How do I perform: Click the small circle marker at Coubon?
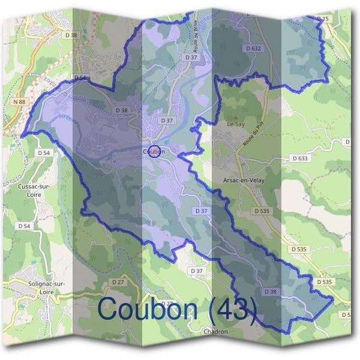click(154, 151)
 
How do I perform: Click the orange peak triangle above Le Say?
click(235, 117)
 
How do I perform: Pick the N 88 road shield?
click(19, 103)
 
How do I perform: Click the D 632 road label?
click(254, 47)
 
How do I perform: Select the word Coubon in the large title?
click(148, 309)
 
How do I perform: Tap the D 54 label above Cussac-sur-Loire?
click(44, 153)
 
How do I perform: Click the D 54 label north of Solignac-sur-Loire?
click(24, 226)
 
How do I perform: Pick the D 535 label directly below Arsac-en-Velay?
click(262, 211)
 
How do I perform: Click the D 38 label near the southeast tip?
click(270, 291)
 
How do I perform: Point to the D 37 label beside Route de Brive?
click(191, 57)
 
